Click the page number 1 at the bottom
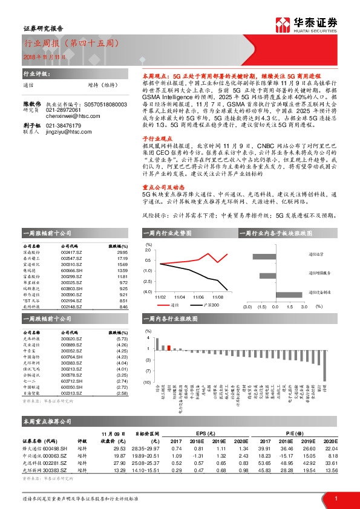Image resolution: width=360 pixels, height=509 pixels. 335,498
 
